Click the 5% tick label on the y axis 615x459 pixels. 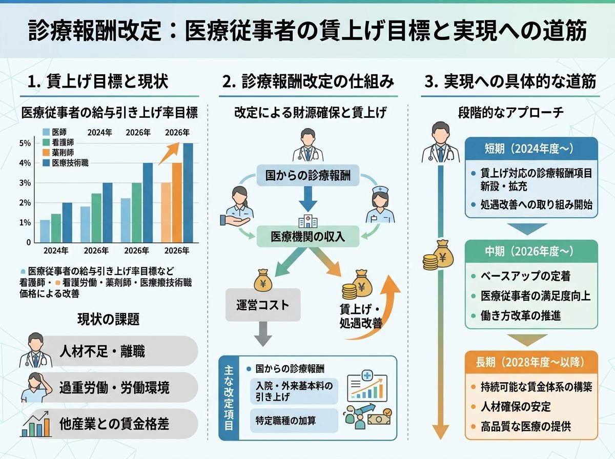point(25,143)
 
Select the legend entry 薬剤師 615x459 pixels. point(58,153)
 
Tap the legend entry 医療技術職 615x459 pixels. point(66,163)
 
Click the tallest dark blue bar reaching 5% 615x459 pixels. point(188,193)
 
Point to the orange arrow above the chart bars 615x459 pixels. point(169,154)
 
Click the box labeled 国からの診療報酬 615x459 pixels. point(307,176)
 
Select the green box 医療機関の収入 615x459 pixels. point(307,237)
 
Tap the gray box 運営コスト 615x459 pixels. point(263,305)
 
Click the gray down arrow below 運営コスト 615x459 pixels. point(263,334)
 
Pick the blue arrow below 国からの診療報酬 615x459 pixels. point(308,199)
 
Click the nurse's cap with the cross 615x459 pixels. point(380,190)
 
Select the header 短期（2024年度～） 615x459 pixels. point(531,149)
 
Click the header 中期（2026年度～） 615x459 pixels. point(531,252)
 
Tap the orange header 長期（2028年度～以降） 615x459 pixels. point(531,362)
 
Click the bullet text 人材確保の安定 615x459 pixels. point(516,407)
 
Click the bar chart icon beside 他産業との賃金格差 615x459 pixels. point(36,424)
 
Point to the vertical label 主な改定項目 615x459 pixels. point(229,398)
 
